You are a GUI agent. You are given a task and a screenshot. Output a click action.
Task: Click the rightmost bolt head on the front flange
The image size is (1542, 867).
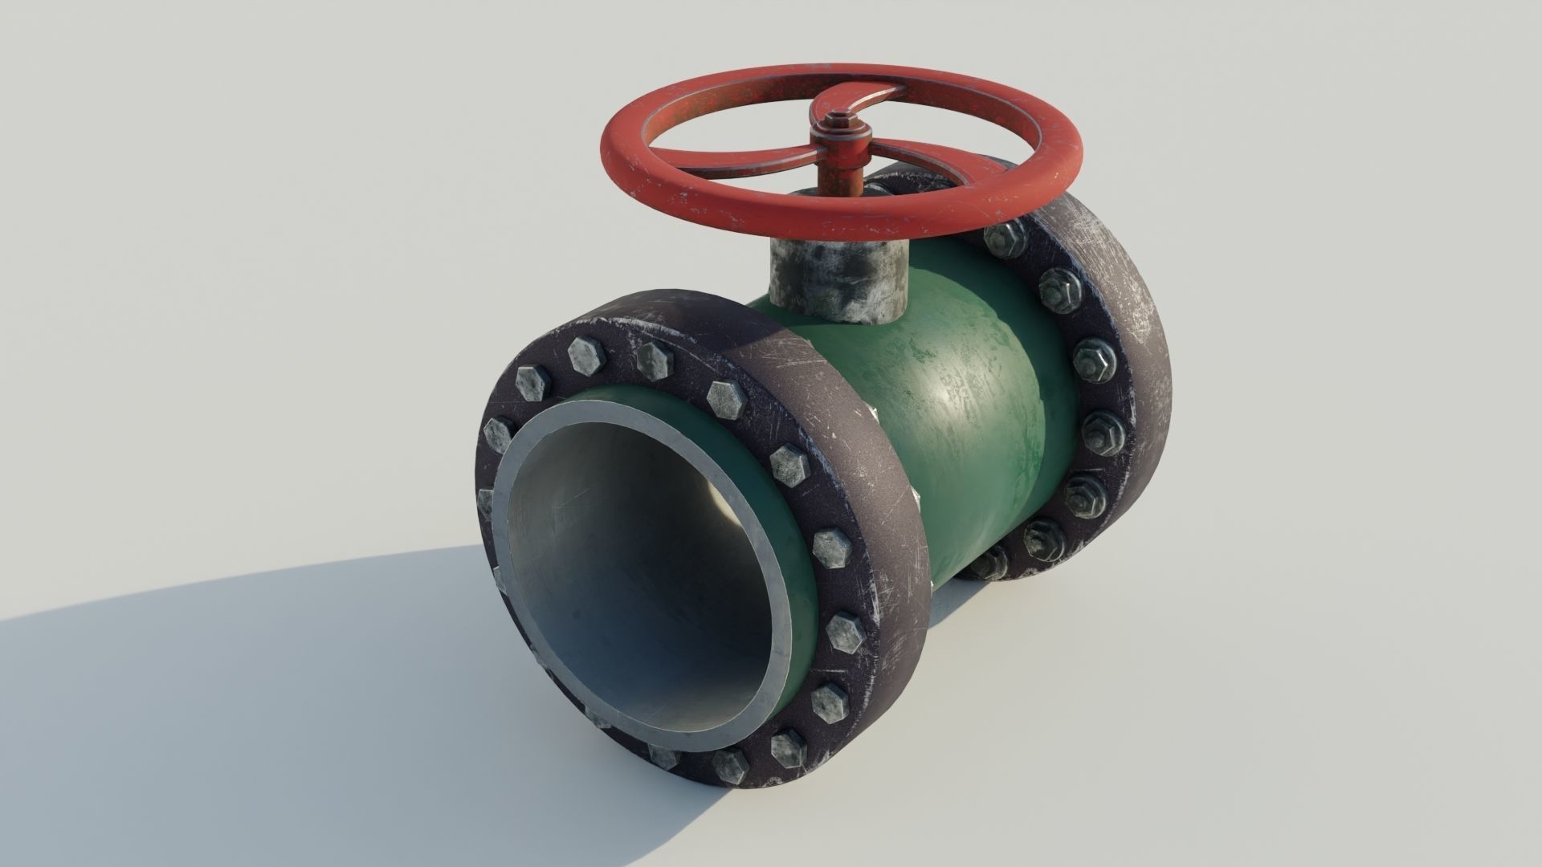coord(833,547)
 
